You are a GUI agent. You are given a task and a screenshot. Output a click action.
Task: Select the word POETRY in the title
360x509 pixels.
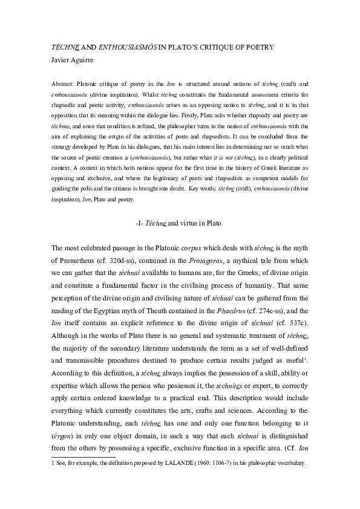pyautogui.click(x=257, y=47)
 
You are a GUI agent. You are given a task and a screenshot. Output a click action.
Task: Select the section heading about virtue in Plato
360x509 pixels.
pyautogui.click(x=180, y=223)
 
